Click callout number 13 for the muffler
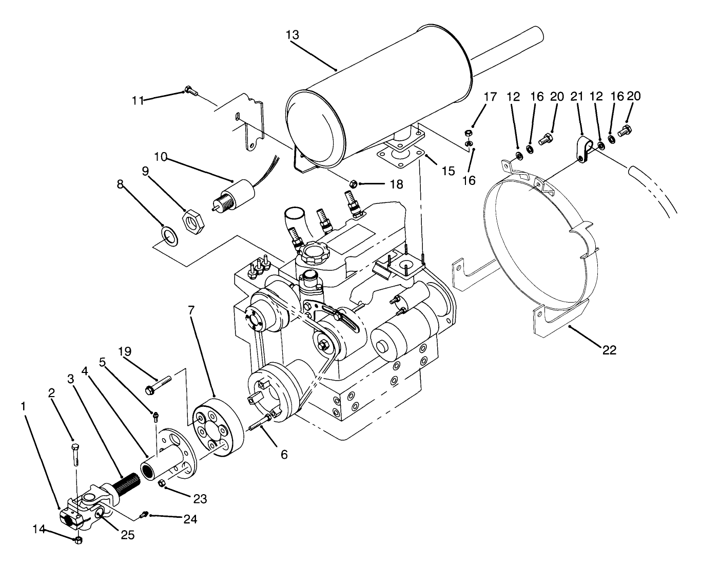point(293,35)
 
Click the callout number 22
point(610,350)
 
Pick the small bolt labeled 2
point(75,452)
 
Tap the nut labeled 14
point(79,540)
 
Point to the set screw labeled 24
point(145,513)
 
